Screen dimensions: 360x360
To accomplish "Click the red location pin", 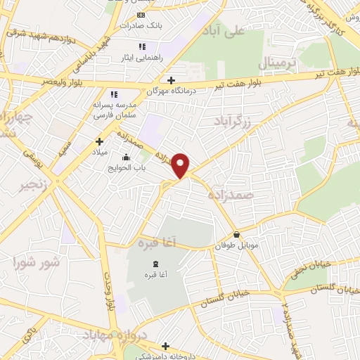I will click(181, 165).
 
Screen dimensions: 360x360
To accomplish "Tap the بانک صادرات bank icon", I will click(141, 15).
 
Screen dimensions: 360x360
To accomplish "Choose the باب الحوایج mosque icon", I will click(126, 158).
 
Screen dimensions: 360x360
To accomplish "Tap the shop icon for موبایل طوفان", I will click(236, 234).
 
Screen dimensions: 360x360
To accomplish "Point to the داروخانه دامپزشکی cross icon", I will click(166, 345).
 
